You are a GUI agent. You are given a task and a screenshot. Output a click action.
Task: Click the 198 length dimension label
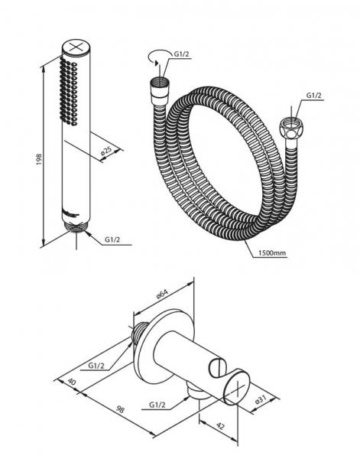tap(39, 160)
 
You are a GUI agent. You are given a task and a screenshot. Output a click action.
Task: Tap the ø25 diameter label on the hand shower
tap(106, 151)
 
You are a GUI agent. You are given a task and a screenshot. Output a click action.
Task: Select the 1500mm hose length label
tap(272, 252)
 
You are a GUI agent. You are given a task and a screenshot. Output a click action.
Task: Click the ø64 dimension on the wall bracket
tap(163, 293)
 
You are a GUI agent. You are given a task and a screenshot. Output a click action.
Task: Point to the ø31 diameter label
tap(261, 399)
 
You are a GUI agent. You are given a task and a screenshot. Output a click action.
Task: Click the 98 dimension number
tap(120, 409)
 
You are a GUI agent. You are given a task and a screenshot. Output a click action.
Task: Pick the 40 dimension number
tap(72, 382)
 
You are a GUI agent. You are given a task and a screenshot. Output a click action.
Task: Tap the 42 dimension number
tap(220, 426)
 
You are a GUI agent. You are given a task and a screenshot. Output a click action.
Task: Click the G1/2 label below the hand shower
tap(112, 239)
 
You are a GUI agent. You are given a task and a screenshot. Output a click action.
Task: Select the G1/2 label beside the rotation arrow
tap(182, 54)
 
